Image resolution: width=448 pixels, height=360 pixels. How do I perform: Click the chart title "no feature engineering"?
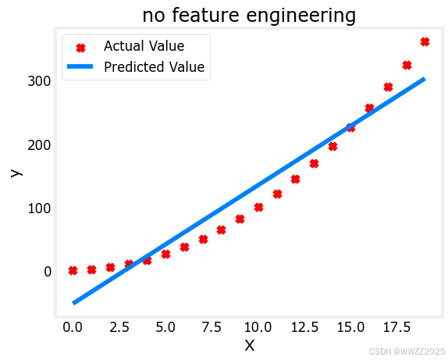[x=249, y=15]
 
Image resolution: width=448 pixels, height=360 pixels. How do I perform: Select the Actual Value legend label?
[x=144, y=46]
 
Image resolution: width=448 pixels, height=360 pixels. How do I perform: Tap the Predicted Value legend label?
[x=155, y=67]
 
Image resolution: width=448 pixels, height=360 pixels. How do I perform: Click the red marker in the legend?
[x=81, y=48]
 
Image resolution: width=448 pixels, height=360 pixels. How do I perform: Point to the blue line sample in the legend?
[x=80, y=66]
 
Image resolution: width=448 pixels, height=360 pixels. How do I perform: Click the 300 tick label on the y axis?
[x=40, y=81]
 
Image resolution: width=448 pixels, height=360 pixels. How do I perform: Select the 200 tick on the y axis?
[x=40, y=145]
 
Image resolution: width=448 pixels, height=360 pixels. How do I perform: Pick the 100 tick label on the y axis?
[x=40, y=209]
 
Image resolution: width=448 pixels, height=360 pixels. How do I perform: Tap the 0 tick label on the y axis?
[x=48, y=272]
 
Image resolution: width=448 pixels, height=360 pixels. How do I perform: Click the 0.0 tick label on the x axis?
[x=73, y=327]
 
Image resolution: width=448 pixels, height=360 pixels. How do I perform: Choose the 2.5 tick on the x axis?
[x=119, y=327]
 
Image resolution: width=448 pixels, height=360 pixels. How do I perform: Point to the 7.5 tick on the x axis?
[x=212, y=327]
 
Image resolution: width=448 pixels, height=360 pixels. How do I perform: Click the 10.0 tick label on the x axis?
[x=258, y=327]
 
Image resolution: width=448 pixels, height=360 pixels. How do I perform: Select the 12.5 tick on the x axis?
[x=304, y=327]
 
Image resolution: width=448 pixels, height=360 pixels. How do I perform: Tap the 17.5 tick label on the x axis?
[x=396, y=327]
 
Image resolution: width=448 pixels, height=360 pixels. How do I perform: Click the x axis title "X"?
[x=250, y=346]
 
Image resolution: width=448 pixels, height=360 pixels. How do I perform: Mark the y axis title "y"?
[x=16, y=173]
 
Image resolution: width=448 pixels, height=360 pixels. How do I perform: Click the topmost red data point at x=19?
[x=425, y=41]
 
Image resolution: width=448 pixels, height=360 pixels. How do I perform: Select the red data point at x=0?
[x=73, y=270]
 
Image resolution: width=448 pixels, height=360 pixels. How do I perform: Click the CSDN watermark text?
[x=407, y=351]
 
